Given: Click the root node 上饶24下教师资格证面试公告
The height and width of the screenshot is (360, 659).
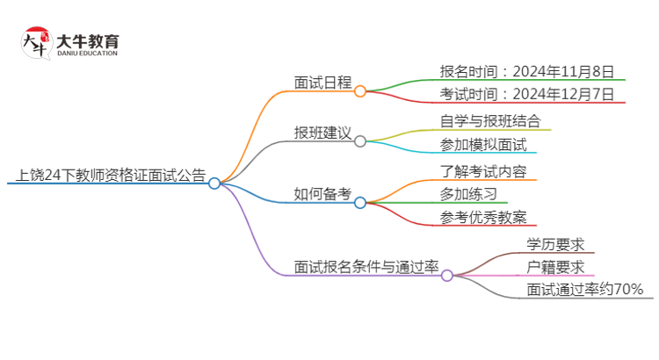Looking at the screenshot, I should pyautogui.click(x=106, y=175).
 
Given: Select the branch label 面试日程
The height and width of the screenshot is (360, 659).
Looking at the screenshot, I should pyautogui.click(x=322, y=83).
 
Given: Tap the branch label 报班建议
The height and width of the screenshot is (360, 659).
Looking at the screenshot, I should pyautogui.click(x=322, y=133).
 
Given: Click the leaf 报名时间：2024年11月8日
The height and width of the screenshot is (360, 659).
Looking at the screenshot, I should pyautogui.click(x=526, y=71).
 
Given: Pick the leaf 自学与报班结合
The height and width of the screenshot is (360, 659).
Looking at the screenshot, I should pyautogui.click(x=489, y=121).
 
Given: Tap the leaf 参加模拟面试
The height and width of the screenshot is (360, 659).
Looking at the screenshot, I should pyautogui.click(x=483, y=145).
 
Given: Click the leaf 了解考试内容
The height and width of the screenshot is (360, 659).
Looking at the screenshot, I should pyautogui.click(x=483, y=170).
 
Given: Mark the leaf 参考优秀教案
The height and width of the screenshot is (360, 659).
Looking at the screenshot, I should pyautogui.click(x=483, y=218).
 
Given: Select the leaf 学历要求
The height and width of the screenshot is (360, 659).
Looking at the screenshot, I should pyautogui.click(x=555, y=244).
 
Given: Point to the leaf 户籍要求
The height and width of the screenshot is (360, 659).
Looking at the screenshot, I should pyautogui.click(x=555, y=267).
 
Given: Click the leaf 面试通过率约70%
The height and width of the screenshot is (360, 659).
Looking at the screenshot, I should pyautogui.click(x=584, y=289).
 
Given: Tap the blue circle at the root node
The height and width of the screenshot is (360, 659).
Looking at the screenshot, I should pyautogui.click(x=214, y=183).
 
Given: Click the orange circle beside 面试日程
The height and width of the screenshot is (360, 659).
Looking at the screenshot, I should pyautogui.click(x=360, y=90).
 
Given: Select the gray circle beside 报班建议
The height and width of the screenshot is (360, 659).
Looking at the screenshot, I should pyautogui.click(x=360, y=140).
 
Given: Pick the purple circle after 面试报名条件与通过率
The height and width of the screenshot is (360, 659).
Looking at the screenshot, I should pyautogui.click(x=446, y=275).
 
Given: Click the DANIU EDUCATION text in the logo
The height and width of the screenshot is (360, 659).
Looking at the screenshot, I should pyautogui.click(x=88, y=54).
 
